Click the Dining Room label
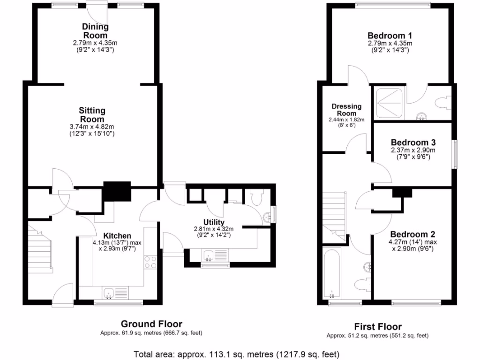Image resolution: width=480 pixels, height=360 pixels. coord(95,31)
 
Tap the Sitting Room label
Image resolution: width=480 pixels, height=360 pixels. coord(92,115)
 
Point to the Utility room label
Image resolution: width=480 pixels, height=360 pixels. coord(214,222)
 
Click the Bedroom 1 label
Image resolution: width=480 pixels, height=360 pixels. coord(390,36)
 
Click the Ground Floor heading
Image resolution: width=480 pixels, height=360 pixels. coord(151,323)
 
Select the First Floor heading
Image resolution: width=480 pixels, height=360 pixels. coord(377,326)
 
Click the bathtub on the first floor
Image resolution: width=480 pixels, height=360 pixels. coord(332,275)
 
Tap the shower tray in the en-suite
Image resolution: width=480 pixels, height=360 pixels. coord(388,103)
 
